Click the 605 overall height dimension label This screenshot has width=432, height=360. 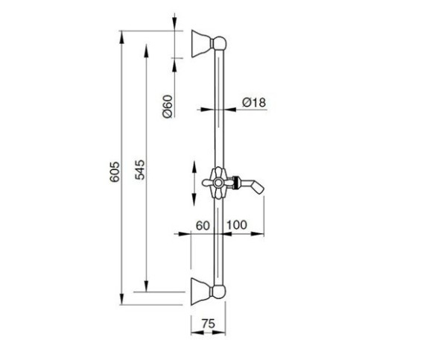[115, 171]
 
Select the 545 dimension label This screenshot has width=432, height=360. [140, 169]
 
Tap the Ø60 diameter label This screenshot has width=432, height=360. [168, 107]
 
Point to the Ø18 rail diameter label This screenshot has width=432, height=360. [254, 103]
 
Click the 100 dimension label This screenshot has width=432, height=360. [237, 225]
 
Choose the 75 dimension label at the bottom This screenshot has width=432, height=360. [208, 323]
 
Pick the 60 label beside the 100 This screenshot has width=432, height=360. [203, 226]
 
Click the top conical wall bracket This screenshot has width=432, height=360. [201, 43]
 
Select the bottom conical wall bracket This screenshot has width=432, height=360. [201, 291]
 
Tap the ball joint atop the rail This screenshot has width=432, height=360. [220, 43]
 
